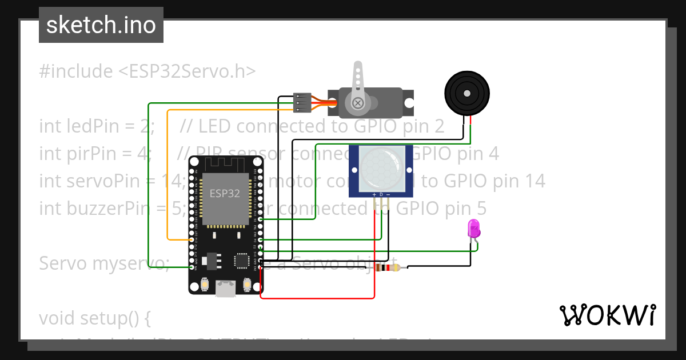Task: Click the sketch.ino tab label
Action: [101, 25]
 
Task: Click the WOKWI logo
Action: [607, 315]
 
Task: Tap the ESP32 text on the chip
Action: [224, 193]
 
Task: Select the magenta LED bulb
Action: [474, 229]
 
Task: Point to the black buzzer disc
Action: [468, 92]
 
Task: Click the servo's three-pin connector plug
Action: [302, 103]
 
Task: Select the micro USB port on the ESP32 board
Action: [225, 289]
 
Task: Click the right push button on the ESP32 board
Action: [247, 284]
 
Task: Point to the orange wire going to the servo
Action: [167, 171]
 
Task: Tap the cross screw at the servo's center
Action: [358, 103]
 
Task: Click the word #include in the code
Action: [76, 71]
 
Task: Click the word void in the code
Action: [57, 318]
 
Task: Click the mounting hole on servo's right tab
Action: [409, 103]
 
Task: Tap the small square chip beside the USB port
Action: [242, 261]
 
